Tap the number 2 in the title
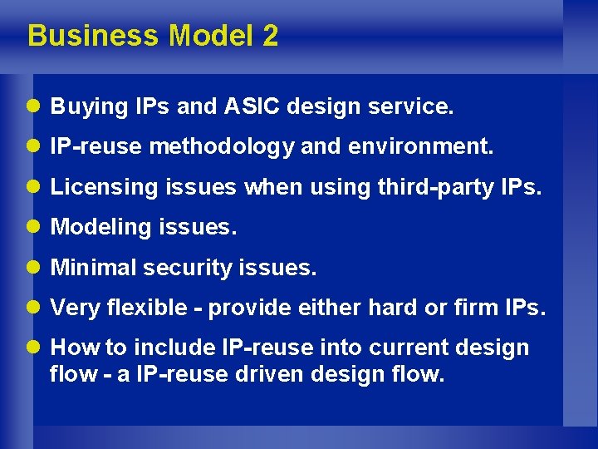(x=270, y=36)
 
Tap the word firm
(x=473, y=308)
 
